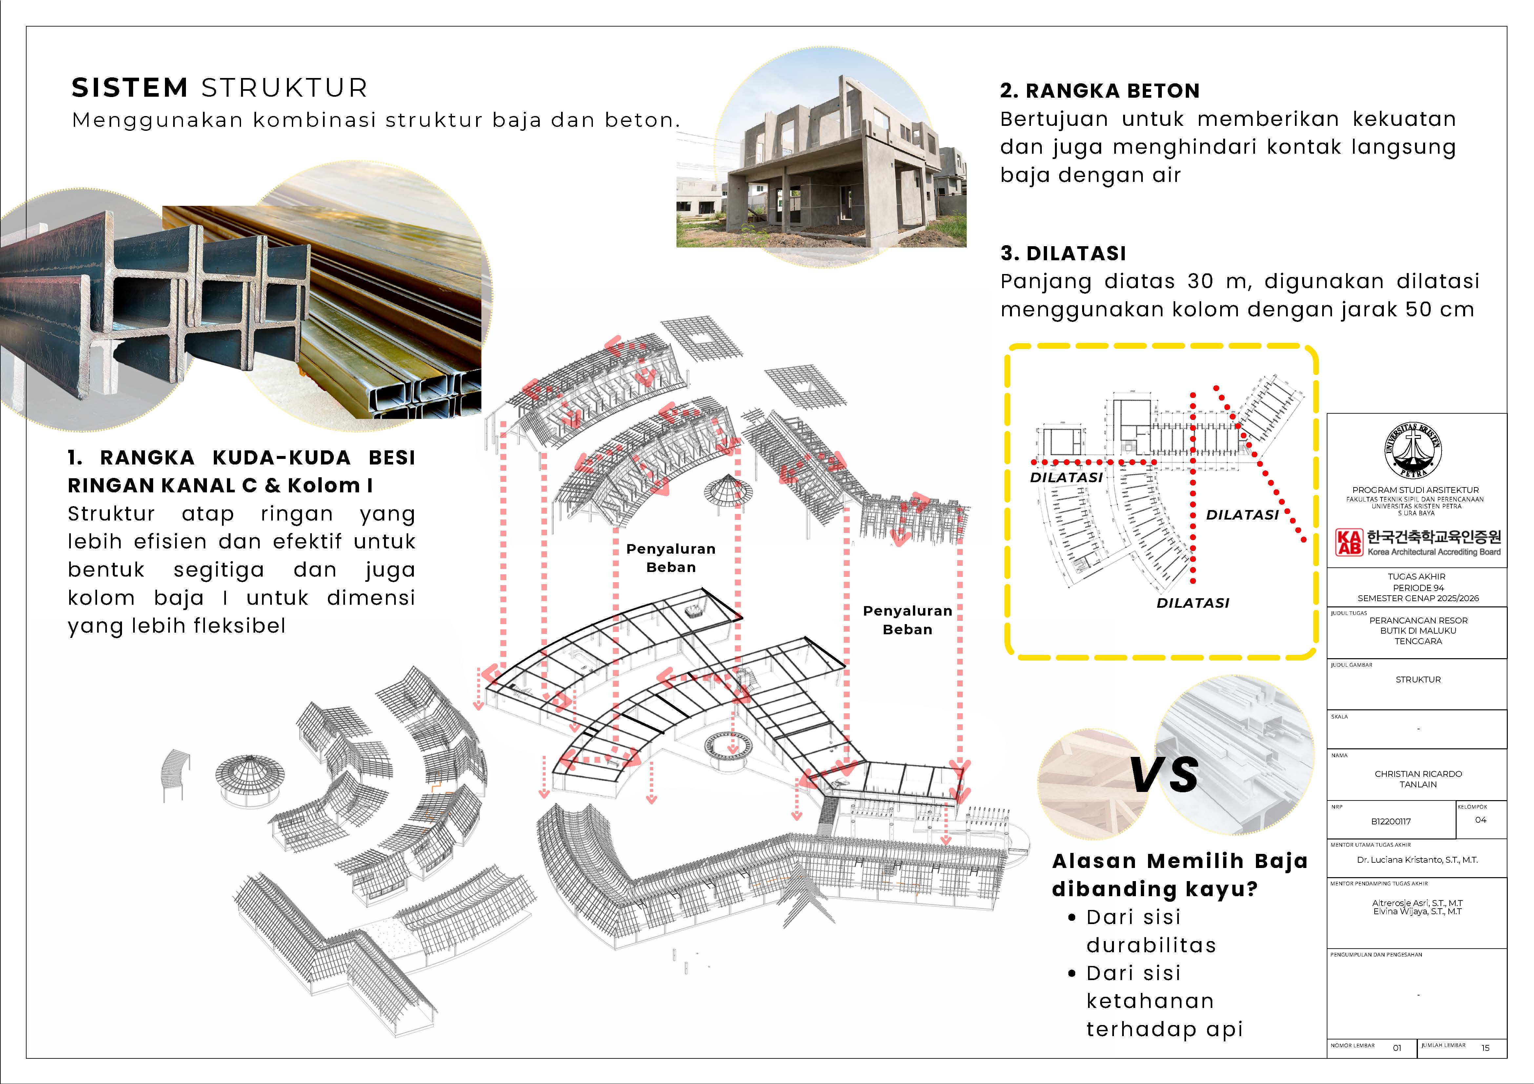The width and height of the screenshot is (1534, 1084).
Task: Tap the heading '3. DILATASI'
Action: [1063, 253]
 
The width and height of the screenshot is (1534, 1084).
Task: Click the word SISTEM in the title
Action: [130, 88]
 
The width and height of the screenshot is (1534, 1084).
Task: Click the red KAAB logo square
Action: [1348, 542]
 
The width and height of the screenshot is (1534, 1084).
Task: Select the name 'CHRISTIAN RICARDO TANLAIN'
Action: [1418, 779]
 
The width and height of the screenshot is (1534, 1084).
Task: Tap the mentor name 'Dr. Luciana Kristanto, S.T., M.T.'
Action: [1417, 859]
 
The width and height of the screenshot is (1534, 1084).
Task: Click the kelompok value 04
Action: [1481, 819]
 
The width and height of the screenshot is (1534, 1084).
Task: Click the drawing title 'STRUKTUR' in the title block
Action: [1418, 679]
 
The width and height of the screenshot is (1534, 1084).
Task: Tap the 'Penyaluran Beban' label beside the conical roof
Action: [671, 558]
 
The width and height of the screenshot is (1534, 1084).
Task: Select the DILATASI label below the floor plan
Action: [1193, 602]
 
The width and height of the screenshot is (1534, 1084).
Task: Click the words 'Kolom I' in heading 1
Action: [330, 485]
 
